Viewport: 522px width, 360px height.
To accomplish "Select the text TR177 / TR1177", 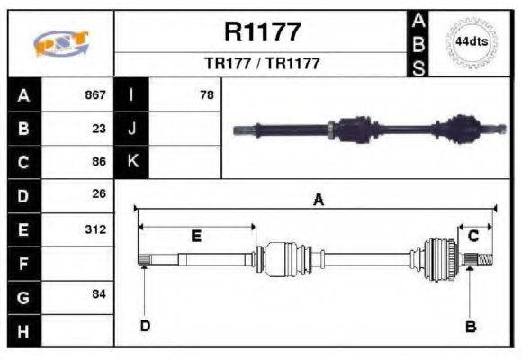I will point(261,65).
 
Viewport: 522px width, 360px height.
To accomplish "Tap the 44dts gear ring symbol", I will point(471,42).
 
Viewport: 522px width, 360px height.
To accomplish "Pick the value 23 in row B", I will point(99,128).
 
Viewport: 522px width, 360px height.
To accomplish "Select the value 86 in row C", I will point(99,162).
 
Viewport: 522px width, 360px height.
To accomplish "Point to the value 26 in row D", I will point(99,194).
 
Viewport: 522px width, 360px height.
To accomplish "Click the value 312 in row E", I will point(95,229).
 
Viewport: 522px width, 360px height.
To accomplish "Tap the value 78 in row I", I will point(206,94).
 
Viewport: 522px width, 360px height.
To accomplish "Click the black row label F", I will point(22,264).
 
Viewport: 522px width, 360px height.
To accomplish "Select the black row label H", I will point(22,330).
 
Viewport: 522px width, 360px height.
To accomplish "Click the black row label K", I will point(131,162).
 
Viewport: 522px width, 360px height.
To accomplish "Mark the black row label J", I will point(131,128).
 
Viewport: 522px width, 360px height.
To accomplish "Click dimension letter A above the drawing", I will point(317,201).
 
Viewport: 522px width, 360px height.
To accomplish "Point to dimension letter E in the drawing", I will point(195,237).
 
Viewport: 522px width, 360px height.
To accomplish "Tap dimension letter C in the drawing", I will point(472,237).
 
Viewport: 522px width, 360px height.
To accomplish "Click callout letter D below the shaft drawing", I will point(144,326).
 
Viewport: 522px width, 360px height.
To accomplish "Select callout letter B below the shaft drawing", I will point(470,327).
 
